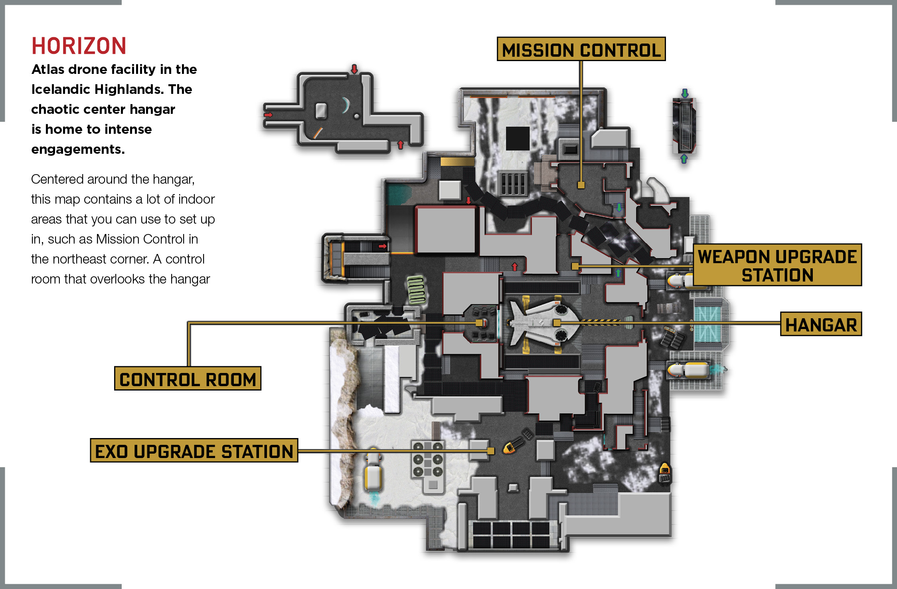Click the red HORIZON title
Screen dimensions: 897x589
[x=79, y=46]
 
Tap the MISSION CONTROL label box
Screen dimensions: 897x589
[x=581, y=49]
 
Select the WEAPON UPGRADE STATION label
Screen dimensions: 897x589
[x=777, y=265]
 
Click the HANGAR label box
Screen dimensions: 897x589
[x=821, y=324]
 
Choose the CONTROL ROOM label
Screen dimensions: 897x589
[x=188, y=379]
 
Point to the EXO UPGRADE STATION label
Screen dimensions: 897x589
[x=194, y=450]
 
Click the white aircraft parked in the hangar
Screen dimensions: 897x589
[x=543, y=322]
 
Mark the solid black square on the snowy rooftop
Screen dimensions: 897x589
[x=518, y=138]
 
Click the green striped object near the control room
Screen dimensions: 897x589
[x=416, y=290]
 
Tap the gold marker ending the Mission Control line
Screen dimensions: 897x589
[x=581, y=185]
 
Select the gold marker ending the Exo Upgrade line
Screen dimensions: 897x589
[x=491, y=451]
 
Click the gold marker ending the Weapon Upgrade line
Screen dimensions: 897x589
[x=575, y=266]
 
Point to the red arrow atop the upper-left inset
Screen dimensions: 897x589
[x=354, y=69]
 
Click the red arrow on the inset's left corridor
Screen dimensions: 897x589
[x=268, y=115]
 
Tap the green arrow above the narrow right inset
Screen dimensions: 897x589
[x=685, y=93]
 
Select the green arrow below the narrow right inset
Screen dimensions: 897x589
[x=684, y=159]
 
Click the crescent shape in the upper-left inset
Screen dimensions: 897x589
[x=346, y=105]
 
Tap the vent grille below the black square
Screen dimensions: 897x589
[x=514, y=183]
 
